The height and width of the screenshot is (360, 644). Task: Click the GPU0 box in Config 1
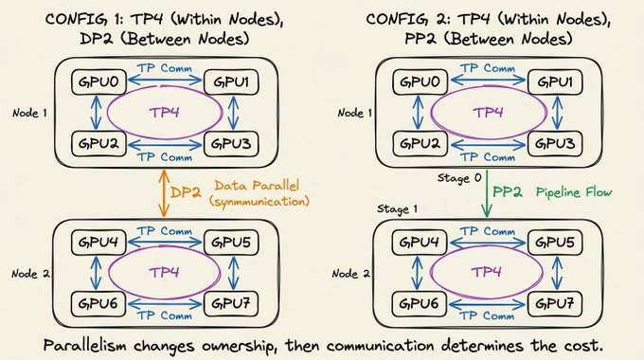[x=98, y=82]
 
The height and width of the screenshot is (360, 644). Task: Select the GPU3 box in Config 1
[x=231, y=144]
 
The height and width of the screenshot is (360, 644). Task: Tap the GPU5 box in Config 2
[x=554, y=243]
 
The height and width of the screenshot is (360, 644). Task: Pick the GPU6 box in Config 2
[x=419, y=304]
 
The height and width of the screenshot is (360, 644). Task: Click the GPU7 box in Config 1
[x=231, y=304]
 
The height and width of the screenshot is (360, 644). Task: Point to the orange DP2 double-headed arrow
[x=164, y=193]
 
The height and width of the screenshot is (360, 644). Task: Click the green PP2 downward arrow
[x=487, y=194]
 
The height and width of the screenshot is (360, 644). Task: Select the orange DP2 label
[x=186, y=192]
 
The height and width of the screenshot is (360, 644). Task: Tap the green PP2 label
[x=508, y=192]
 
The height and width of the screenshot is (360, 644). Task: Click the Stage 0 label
[x=459, y=178]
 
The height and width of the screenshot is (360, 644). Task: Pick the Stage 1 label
[x=397, y=209]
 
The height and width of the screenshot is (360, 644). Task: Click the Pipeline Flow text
[x=574, y=192]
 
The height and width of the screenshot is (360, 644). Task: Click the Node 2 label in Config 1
[x=31, y=274]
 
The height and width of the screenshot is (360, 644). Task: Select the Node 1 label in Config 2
[x=355, y=113]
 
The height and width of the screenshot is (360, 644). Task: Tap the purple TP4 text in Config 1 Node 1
[x=164, y=113]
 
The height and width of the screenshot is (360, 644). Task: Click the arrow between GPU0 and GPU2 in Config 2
[x=418, y=113]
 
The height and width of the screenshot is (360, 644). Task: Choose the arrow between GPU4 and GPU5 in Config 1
[x=165, y=243]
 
